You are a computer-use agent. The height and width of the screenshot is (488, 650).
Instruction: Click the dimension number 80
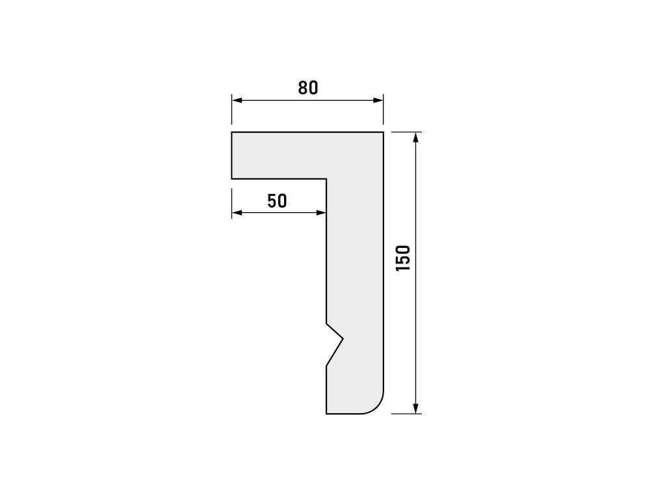308,88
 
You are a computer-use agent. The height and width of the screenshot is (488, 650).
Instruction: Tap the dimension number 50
277,201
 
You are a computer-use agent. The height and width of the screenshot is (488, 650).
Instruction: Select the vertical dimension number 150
403,258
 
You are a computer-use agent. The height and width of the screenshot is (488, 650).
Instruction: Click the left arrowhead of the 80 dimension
237,100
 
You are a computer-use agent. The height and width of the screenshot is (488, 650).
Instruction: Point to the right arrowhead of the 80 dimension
378,100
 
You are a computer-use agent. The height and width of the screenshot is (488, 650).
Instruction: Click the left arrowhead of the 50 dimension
237,213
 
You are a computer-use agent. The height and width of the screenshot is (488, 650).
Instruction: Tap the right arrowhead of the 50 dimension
321,213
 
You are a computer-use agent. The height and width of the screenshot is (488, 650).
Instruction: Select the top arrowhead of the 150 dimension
415,137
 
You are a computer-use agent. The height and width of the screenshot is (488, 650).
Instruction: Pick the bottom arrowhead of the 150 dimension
415,409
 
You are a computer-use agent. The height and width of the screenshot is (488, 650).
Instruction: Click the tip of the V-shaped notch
343,339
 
